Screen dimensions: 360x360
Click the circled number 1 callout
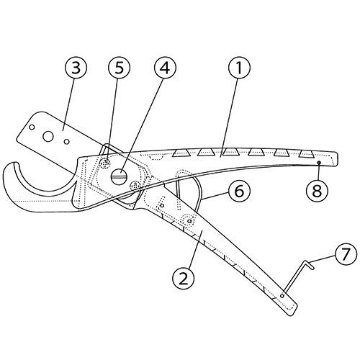(x=239, y=68)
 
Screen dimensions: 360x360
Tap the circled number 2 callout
(x=184, y=279)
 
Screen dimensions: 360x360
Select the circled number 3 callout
(x=76, y=68)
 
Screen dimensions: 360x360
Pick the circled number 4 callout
(x=165, y=68)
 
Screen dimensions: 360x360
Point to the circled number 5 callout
(x=119, y=68)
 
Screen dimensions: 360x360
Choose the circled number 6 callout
(x=239, y=192)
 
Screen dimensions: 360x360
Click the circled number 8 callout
(x=317, y=192)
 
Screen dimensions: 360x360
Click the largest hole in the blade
(x=48, y=136)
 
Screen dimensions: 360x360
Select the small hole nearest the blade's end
(x=32, y=127)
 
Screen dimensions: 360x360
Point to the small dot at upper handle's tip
(x=319, y=163)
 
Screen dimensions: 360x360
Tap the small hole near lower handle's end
(x=282, y=296)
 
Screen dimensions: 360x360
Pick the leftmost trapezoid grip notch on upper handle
(x=181, y=153)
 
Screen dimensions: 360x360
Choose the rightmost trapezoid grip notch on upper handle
(x=306, y=154)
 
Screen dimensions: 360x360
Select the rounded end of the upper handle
(x=336, y=159)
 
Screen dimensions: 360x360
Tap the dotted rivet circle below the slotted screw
(x=135, y=186)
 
